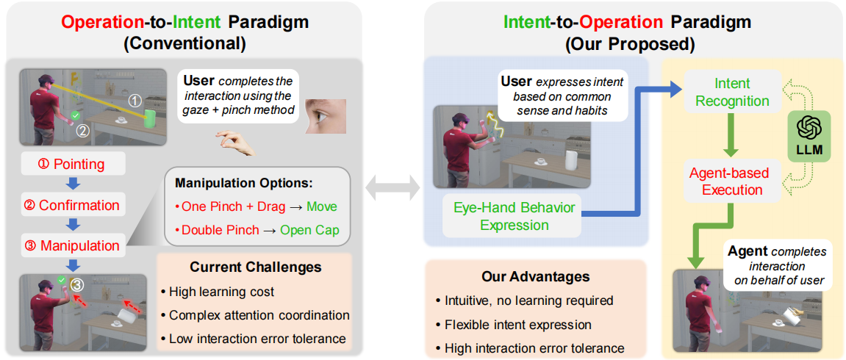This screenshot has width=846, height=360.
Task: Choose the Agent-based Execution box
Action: (729, 181)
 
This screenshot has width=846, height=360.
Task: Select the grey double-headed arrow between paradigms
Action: (395, 186)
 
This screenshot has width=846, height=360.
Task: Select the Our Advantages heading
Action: (535, 276)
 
